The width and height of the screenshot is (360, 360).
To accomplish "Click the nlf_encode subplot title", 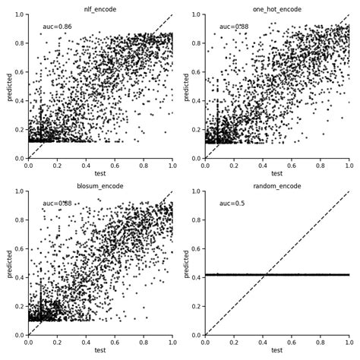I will (100, 9).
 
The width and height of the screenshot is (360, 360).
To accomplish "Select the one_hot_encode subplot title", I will (276, 9).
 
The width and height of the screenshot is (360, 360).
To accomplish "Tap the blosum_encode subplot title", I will (100, 186).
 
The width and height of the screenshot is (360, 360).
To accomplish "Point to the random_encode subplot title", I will (276, 186).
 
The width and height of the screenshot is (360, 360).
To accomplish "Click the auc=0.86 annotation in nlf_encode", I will (57, 27).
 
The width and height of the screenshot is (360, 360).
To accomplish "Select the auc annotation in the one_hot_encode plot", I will (234, 27).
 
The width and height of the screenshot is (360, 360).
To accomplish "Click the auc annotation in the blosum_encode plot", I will (57, 204).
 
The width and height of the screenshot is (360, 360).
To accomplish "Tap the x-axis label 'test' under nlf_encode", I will (100, 173).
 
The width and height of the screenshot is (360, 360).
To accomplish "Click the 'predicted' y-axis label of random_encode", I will (187, 264).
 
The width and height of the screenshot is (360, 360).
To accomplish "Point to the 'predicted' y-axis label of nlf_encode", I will (10, 87).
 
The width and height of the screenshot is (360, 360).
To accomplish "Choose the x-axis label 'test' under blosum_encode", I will (100, 350).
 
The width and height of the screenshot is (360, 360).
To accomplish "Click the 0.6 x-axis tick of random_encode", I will (292, 342).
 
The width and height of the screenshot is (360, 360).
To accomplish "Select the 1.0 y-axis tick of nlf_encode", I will (19, 15).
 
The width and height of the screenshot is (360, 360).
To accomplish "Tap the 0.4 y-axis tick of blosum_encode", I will (19, 278).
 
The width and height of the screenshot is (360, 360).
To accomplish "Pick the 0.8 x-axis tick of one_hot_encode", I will (321, 165).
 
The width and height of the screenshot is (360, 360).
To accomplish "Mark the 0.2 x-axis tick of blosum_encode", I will (57, 342).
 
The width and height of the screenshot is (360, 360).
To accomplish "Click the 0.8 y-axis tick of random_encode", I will (196, 220).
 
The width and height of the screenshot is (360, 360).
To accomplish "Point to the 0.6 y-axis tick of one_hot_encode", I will (196, 72).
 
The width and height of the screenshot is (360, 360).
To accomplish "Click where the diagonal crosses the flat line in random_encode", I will (265, 275).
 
